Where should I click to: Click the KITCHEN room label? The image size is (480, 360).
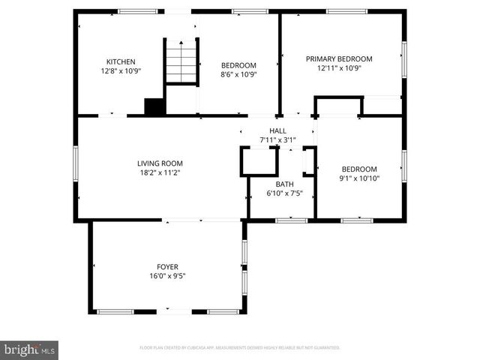(x=121, y=62)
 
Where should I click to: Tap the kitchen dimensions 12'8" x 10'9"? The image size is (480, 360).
(x=121, y=71)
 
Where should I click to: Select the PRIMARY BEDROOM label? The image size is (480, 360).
(x=339, y=58)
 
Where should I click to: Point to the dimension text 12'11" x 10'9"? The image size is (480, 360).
(x=339, y=67)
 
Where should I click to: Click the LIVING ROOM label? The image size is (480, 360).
(x=160, y=163)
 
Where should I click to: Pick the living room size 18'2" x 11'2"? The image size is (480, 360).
(x=160, y=172)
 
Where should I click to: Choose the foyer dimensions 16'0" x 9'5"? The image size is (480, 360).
(x=167, y=276)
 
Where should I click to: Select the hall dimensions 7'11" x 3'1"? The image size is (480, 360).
(x=277, y=139)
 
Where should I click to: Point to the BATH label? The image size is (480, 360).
(x=284, y=184)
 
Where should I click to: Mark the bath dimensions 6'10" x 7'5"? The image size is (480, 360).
(x=284, y=193)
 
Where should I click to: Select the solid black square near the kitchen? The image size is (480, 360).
(x=154, y=106)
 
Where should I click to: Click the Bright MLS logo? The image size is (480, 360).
(x=29, y=349)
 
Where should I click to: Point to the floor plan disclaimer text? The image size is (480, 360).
(x=240, y=348)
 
